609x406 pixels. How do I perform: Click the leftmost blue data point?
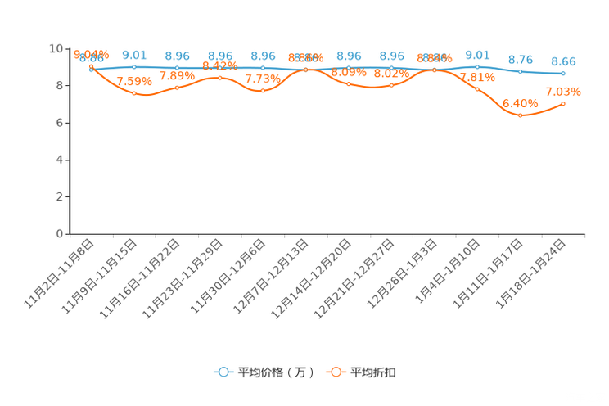(91, 70)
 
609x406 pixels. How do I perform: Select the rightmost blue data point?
(563, 74)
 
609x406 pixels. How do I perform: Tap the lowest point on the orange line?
(520, 115)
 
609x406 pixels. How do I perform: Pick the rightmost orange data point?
(563, 103)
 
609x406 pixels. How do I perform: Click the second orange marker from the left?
(134, 92)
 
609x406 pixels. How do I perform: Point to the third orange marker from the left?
(177, 87)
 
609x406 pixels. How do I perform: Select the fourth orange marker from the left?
(219, 78)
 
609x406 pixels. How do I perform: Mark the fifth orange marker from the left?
(263, 90)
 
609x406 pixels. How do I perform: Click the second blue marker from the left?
(134, 66)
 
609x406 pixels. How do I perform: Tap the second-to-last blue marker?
(520, 71)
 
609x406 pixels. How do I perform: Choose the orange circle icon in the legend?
(336, 372)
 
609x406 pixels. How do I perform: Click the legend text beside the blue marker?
(276, 372)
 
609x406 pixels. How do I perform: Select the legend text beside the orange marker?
(374, 372)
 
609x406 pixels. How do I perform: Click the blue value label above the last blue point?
(563, 61)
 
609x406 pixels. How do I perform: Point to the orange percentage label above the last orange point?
(563, 90)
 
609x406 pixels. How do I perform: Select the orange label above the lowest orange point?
(521, 104)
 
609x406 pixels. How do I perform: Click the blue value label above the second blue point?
(134, 55)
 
